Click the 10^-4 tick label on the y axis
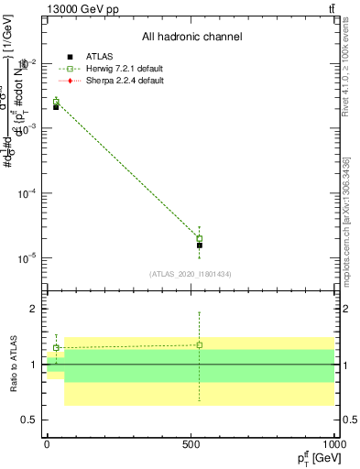pyautogui.click(x=27, y=194)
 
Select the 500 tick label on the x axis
pyautogui.click(x=191, y=444)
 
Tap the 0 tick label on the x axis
pyautogui.click(x=47, y=444)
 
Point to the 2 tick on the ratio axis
pyautogui.click(x=35, y=310)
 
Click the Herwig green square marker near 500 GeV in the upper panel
pyautogui.click(x=200, y=239)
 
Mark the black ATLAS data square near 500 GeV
pyautogui.click(x=200, y=245)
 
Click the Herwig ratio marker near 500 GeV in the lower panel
pyautogui.click(x=200, y=345)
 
